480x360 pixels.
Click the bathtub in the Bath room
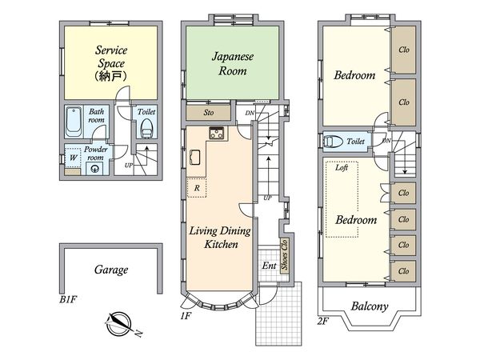74,122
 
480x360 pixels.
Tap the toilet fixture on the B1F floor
146,129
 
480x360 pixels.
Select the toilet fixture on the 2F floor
333,142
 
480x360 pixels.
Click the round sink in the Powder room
95,169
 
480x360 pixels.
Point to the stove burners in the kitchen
217,133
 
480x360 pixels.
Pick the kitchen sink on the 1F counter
195,158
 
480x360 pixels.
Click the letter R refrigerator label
197,188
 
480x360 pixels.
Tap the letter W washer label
73,158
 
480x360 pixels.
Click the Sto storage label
209,113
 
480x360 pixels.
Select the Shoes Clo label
284,254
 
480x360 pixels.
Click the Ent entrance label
269,266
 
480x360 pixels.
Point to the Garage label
111,270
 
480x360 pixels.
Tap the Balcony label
370,306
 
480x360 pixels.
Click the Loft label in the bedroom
342,167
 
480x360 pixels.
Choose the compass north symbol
120,324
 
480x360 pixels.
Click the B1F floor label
67,299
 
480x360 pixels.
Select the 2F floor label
323,321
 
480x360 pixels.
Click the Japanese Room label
233,64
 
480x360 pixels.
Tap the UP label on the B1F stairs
129,166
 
